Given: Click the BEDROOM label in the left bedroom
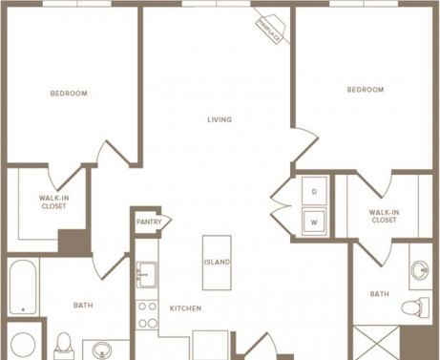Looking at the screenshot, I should coord(69,94).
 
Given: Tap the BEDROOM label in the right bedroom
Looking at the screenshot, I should coord(365,90).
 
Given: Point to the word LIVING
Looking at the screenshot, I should coord(220,119).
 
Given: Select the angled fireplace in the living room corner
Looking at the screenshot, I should coord(269,32).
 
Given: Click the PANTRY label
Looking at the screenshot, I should coord(149,222).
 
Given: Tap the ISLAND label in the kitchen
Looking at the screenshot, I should coord(217,262).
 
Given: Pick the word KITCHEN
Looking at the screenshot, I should coord(185,308).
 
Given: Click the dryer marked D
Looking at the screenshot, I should coord(313,191).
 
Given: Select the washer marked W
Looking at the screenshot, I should coord(313,222).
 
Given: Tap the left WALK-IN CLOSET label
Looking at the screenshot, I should coord(52,201).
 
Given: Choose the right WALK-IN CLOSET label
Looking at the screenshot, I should coord(383,216).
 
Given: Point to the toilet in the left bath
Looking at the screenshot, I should coord(64,344).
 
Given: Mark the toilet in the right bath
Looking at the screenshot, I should coord(411,307).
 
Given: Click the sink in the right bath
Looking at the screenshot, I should coord(421,271).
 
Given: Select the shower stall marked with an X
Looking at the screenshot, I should coord(375,343).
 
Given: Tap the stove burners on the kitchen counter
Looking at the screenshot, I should coord(147,316).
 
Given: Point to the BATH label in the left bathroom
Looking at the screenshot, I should coord(83,306).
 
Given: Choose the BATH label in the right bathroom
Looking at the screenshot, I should coord(379,294).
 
